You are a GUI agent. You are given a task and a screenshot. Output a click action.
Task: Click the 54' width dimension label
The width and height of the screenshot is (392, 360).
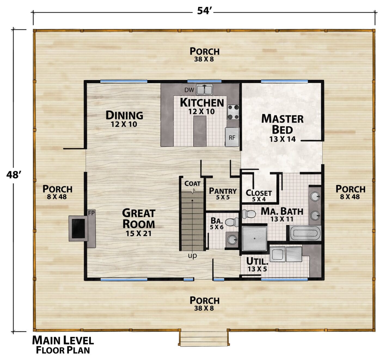(204, 11)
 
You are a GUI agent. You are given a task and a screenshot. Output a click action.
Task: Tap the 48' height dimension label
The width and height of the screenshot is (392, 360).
(14, 175)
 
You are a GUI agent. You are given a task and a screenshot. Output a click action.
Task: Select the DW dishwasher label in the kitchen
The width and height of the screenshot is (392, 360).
(189, 90)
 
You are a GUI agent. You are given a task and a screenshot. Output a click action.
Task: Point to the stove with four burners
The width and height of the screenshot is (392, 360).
(233, 112)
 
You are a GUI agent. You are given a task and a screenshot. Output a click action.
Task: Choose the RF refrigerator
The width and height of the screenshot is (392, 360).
(232, 137)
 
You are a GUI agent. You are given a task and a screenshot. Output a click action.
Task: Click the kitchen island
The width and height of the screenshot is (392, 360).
(200, 131)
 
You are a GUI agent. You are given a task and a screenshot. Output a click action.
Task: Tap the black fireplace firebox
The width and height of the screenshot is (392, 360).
(78, 228)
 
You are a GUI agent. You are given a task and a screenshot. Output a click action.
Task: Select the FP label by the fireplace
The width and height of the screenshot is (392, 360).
(91, 213)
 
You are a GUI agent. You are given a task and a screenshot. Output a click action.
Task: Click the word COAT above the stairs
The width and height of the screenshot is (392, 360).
(192, 183)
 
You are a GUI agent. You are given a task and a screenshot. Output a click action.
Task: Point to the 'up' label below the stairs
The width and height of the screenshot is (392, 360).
(192, 256)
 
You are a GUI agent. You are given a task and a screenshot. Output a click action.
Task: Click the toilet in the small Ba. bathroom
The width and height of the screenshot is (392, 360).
(232, 222)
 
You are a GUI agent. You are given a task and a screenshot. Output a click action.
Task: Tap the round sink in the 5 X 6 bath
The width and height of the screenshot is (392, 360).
(232, 240)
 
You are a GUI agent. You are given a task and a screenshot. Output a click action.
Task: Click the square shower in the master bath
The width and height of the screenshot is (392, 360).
(255, 238)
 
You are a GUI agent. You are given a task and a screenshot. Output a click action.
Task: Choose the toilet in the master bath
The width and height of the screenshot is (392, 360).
(249, 214)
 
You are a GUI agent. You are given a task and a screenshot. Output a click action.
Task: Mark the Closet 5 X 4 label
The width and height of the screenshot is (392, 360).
(259, 196)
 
